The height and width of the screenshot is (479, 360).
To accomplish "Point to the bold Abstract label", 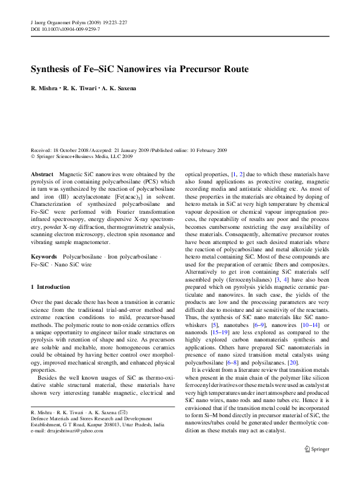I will click(x=42, y=173).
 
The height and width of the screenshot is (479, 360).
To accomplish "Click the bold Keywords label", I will click(x=44, y=257).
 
